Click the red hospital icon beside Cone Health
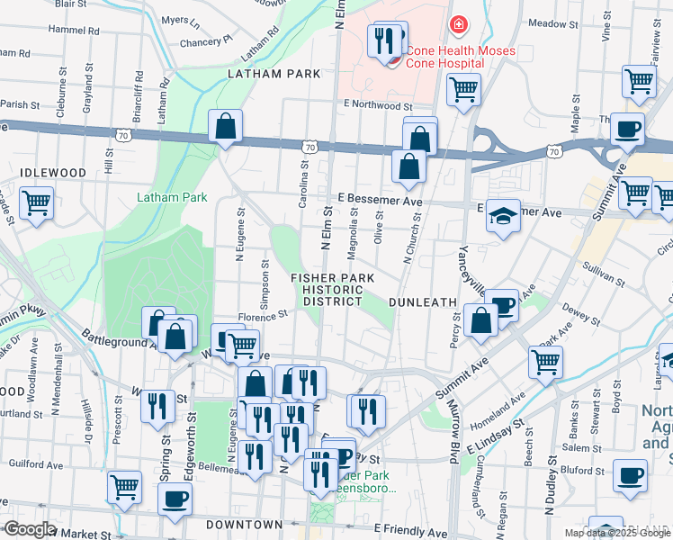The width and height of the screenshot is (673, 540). [x=458, y=24]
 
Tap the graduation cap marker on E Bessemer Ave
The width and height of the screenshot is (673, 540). [x=504, y=216]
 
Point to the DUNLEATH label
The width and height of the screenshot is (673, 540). [x=424, y=303]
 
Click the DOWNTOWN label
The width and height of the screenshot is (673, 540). [x=245, y=524]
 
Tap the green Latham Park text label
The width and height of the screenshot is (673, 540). [x=172, y=197]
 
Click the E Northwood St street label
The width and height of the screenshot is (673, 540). [x=377, y=105]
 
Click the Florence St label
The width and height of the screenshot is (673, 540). [x=262, y=315]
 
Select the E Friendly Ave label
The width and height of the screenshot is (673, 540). [x=409, y=532]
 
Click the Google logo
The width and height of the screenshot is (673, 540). [x=29, y=530]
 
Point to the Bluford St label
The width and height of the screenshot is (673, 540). [x=580, y=469]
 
